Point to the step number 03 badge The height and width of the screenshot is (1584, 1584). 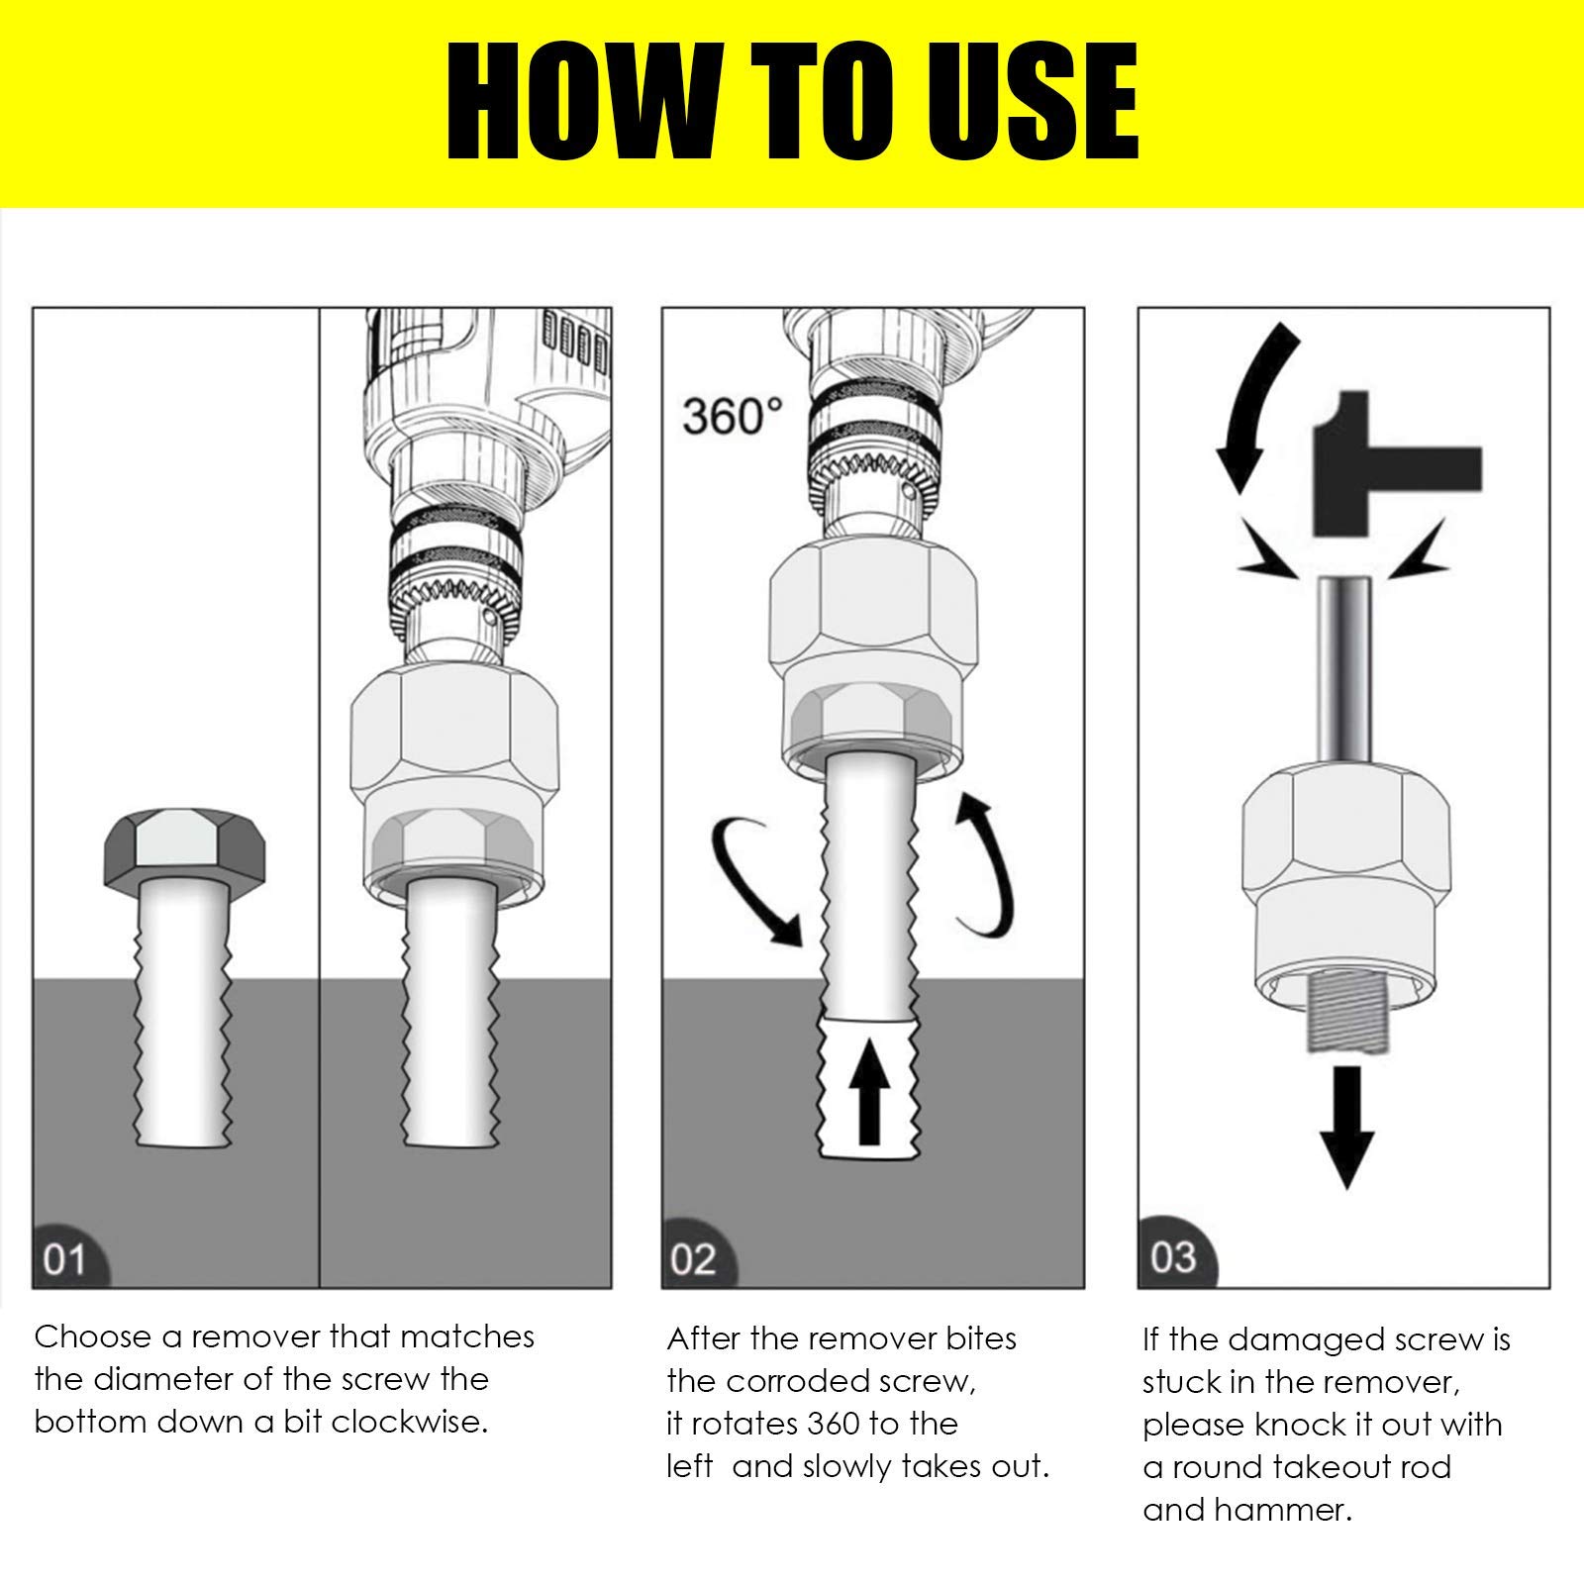1174,1257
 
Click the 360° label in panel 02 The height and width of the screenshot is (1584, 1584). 732,417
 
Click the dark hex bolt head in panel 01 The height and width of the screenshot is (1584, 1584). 184,847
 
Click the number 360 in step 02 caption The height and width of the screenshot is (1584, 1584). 834,1424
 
